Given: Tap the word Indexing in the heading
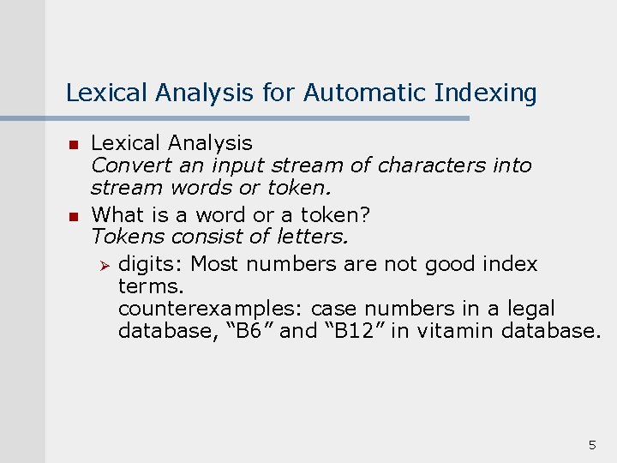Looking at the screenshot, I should pyautogui.click(x=487, y=92).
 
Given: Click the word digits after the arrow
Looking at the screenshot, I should pyautogui.click(x=151, y=264).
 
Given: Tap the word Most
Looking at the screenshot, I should pyautogui.click(x=214, y=264).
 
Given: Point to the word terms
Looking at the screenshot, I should pyautogui.click(x=151, y=286).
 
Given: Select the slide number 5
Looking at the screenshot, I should pyautogui.click(x=591, y=444).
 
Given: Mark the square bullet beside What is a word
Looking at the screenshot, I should pyautogui.click(x=74, y=215).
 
